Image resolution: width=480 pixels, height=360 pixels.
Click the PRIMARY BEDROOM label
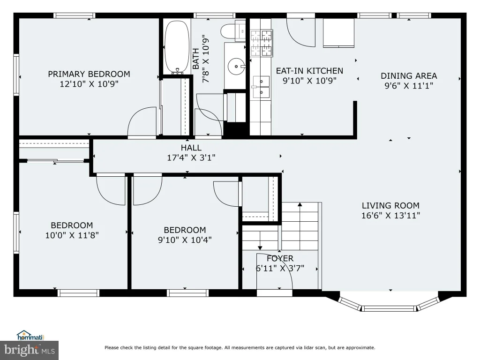(x=89, y=74)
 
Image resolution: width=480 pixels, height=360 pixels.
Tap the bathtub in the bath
(x=177, y=47)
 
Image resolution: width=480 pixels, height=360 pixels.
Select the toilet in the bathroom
(x=233, y=31)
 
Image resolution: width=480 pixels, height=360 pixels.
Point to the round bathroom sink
(x=236, y=66)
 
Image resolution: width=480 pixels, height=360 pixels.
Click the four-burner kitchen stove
(x=262, y=43)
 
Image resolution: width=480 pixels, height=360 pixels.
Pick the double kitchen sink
(x=261, y=87)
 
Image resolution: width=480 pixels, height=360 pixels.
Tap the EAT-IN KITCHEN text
(x=309, y=71)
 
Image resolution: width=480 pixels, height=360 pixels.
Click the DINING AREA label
(x=409, y=76)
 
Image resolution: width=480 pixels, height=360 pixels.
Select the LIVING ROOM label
(x=390, y=205)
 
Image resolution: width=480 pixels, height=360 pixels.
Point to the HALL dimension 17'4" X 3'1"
(x=191, y=157)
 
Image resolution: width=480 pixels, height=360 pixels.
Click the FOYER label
(x=280, y=258)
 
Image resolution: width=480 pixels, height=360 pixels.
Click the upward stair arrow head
(x=300, y=204)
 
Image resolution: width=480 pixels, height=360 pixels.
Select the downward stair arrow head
(x=260, y=247)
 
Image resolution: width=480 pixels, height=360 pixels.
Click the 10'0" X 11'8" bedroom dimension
(x=72, y=235)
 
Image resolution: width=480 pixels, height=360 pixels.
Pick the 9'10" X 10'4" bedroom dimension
(x=185, y=240)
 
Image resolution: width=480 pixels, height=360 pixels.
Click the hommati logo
(x=30, y=336)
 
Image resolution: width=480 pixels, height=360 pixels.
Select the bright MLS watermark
(x=30, y=350)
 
